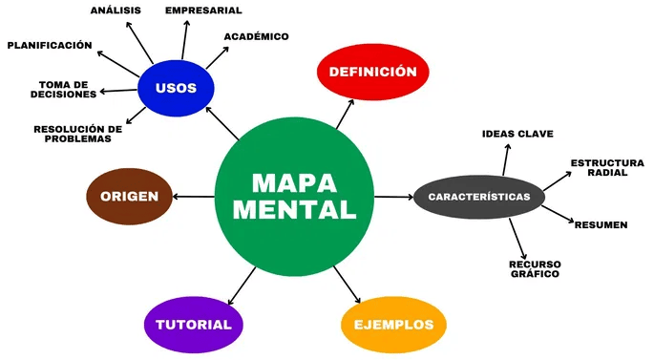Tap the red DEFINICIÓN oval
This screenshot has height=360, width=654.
(372, 72)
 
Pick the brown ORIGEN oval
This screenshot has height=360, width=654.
(129, 196)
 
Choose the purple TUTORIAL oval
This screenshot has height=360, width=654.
(194, 324)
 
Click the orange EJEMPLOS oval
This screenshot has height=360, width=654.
(393, 324)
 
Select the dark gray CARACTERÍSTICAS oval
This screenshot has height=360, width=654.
(479, 197)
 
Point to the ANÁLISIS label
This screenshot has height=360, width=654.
(116, 11)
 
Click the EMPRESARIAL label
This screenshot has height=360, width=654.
(203, 11)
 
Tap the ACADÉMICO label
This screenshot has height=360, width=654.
(256, 36)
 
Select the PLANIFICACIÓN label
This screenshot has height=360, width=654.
(50, 45)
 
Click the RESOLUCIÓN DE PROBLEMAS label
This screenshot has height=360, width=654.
(77, 134)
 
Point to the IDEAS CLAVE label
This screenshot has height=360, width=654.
(517, 134)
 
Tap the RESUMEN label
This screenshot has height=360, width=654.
(601, 224)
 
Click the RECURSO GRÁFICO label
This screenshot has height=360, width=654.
(534, 268)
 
